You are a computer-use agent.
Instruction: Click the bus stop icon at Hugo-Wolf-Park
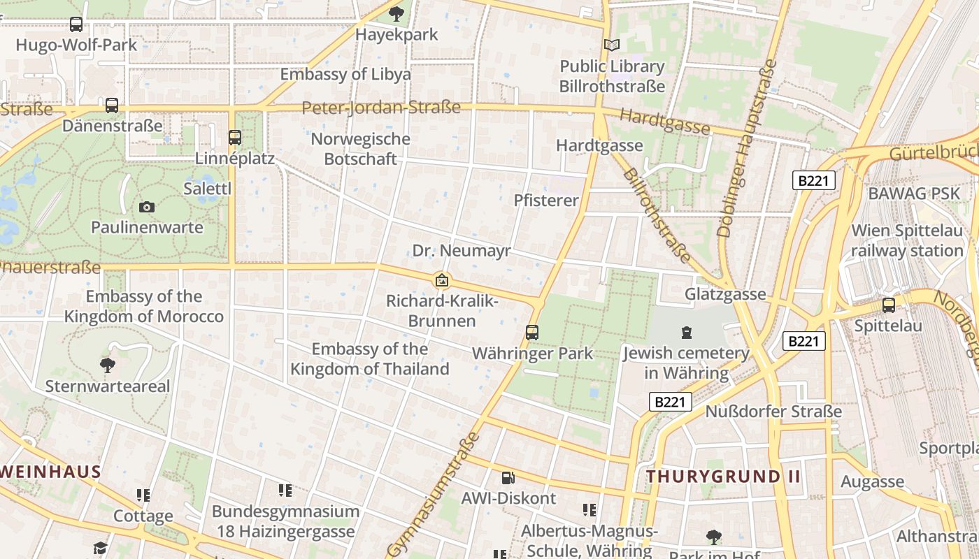(76, 24)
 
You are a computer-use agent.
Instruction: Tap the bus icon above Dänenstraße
(112, 106)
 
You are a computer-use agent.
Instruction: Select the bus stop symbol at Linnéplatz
(235, 138)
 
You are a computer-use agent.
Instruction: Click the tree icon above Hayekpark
(396, 13)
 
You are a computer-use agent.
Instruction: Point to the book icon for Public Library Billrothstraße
(612, 45)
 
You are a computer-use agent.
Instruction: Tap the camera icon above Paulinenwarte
(147, 207)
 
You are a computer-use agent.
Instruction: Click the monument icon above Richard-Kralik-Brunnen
(442, 281)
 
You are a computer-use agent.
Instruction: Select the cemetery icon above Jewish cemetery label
(686, 333)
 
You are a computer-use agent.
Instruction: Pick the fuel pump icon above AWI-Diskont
(508, 478)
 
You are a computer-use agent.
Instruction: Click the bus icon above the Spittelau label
(888, 305)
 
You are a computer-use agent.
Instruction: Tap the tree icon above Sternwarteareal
(108, 365)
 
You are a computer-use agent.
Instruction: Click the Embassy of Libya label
(345, 75)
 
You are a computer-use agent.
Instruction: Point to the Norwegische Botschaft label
(360, 149)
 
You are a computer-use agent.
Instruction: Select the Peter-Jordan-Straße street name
(381, 108)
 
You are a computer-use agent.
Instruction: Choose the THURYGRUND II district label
(722, 477)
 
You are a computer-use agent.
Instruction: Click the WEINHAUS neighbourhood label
(51, 472)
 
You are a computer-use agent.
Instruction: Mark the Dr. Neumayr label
(462, 251)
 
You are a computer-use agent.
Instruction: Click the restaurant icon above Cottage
(143, 495)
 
